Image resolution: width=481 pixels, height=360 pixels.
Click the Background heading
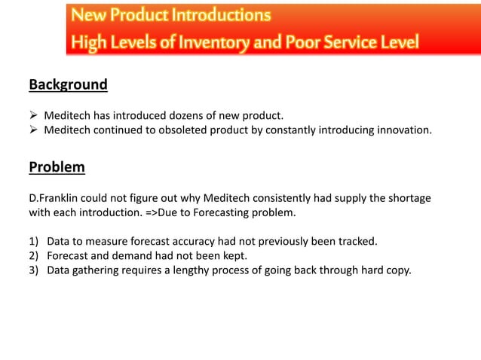click(x=68, y=84)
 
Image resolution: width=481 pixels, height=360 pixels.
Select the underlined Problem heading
click(x=57, y=166)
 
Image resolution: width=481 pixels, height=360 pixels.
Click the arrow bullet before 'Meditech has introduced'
click(x=33, y=116)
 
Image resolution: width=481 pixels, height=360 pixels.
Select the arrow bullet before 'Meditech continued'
click(x=33, y=130)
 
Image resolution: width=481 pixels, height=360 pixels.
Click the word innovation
click(x=403, y=130)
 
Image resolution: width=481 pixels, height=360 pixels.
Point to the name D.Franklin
click(x=55, y=198)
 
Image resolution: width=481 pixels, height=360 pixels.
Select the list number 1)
click(x=34, y=242)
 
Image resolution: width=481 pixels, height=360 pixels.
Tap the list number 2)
click(x=34, y=256)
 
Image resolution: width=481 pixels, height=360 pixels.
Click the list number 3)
click(x=34, y=270)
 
